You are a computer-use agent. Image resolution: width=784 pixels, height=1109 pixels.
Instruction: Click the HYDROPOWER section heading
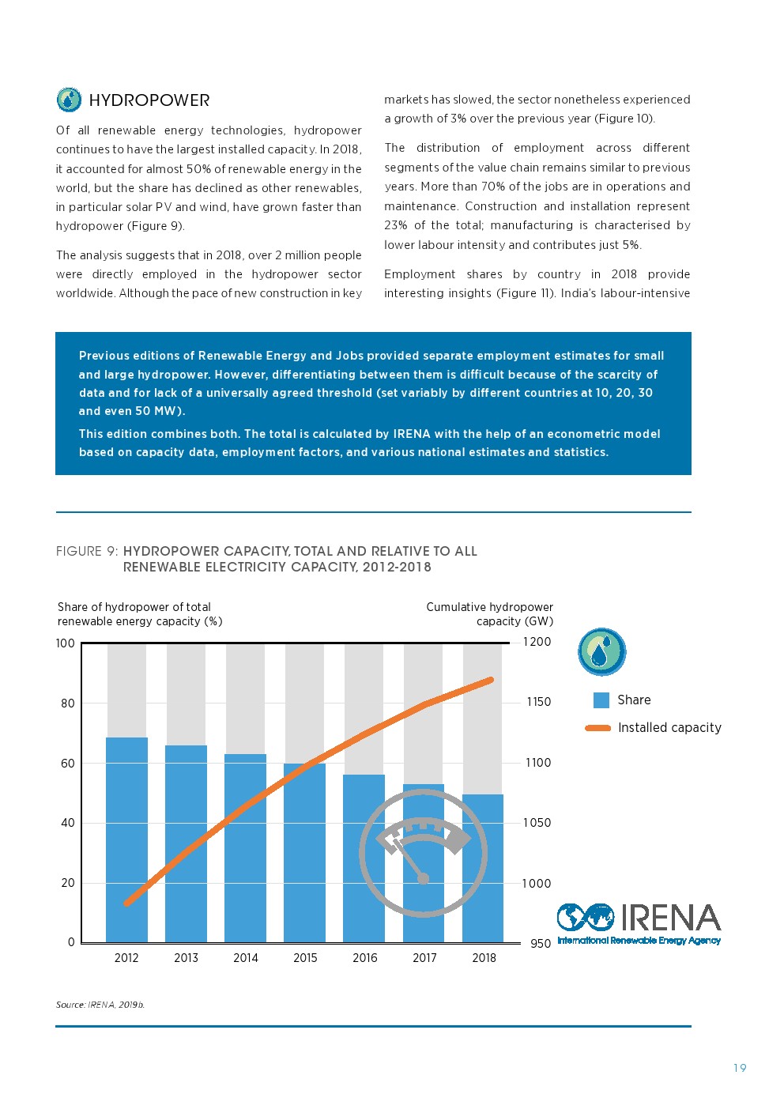(149, 100)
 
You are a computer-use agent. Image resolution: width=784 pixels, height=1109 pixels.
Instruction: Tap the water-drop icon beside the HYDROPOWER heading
(70, 100)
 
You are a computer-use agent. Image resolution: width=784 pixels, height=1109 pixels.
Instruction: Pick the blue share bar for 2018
(483, 869)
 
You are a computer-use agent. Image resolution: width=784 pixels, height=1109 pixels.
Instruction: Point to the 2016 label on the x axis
(364, 958)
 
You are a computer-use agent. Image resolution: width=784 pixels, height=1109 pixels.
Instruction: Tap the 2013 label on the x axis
(186, 958)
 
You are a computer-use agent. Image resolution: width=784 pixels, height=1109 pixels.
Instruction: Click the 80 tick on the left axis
(68, 703)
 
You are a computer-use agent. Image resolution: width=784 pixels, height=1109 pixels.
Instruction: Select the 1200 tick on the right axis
(537, 642)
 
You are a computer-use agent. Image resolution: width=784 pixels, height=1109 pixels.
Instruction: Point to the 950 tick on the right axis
(541, 944)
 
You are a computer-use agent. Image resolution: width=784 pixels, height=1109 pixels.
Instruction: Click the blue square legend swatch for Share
(601, 700)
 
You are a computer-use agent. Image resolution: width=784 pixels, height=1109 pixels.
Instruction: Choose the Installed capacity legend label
(669, 728)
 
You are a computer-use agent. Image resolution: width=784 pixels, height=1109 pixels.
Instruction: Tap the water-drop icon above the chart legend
(602, 652)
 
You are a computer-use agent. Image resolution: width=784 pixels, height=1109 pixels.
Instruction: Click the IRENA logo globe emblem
(586, 917)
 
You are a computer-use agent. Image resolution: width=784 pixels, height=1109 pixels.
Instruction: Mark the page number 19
(740, 1069)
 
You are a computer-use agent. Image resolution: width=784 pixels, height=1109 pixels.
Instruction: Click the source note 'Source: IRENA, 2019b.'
(100, 1005)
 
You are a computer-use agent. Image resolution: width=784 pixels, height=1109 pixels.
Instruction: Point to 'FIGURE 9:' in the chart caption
(87, 552)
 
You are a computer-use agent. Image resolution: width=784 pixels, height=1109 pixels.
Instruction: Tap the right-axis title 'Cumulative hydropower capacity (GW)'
(490, 614)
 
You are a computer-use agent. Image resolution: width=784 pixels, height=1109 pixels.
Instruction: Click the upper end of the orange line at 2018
(490, 680)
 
